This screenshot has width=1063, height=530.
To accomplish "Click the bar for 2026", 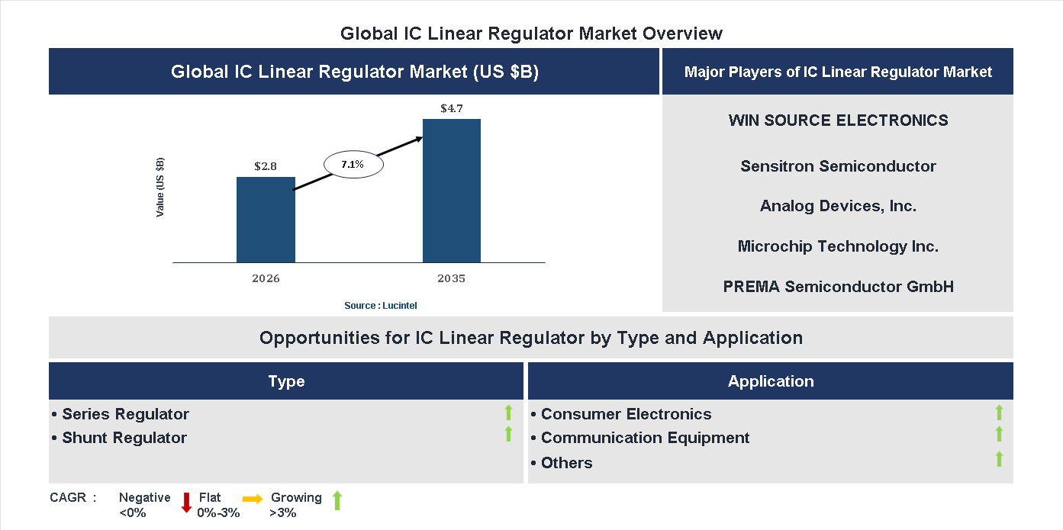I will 266,220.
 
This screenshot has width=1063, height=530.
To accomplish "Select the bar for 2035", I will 452,191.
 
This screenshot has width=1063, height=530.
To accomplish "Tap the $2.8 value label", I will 266,166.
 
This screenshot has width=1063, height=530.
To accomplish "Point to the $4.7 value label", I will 451,108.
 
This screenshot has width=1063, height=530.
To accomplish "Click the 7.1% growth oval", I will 353,164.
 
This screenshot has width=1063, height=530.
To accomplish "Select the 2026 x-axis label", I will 266,278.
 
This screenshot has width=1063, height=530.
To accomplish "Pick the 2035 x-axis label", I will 451,278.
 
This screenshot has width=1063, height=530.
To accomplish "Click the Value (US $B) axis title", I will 160,188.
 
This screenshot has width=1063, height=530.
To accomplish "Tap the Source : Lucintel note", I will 380,305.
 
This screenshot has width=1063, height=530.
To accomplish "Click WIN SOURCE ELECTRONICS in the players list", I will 838,120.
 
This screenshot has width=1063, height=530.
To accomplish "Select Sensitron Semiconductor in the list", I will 838,166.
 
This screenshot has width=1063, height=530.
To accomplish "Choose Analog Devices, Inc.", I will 838,206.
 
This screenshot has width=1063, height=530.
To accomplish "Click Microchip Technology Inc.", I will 838,246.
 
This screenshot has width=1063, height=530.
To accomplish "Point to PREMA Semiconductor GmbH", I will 838,287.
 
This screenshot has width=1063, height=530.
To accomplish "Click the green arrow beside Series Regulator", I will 508,413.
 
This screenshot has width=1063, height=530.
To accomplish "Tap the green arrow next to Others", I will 999,459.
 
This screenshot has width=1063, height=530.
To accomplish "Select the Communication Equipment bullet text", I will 645,438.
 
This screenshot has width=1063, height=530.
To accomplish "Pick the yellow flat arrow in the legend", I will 253,498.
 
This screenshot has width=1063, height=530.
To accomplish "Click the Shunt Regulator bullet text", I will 124,438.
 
